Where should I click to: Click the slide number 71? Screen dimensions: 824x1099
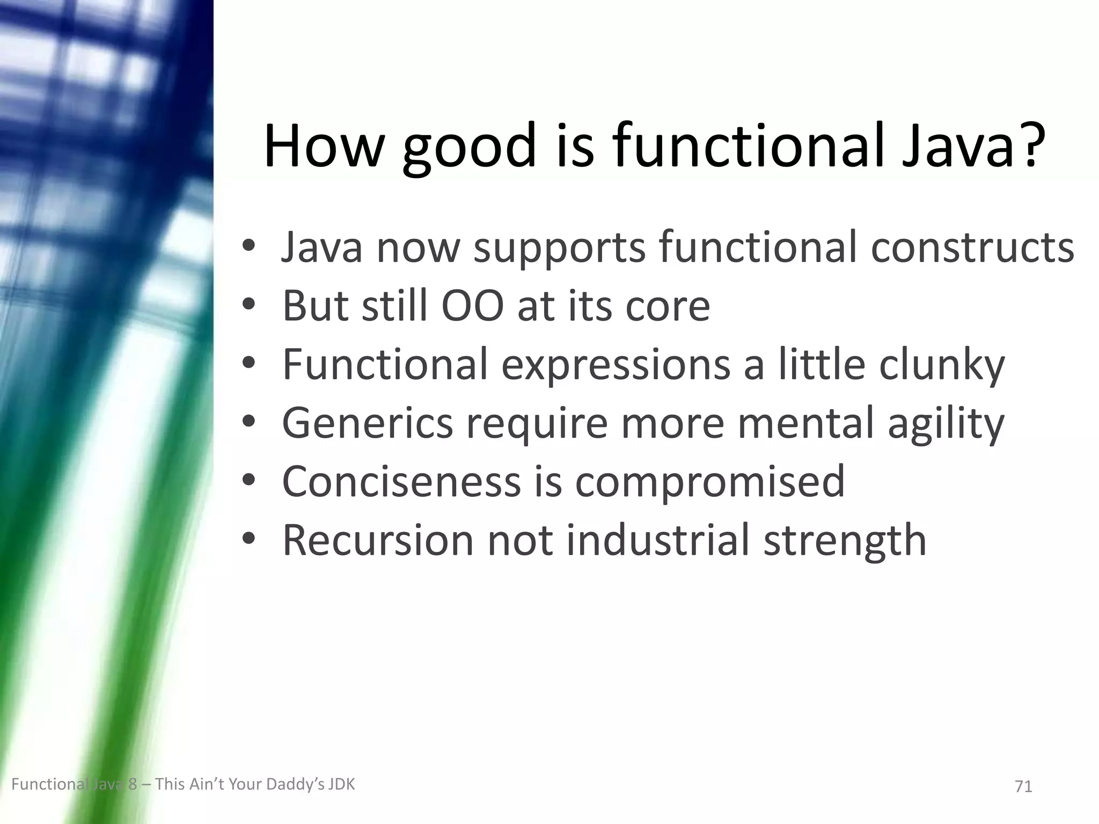tap(1023, 786)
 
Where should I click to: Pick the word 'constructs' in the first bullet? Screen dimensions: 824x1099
tap(972, 248)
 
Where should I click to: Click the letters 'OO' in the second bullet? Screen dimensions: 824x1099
tap(472, 306)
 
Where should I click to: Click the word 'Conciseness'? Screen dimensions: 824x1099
tap(401, 481)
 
